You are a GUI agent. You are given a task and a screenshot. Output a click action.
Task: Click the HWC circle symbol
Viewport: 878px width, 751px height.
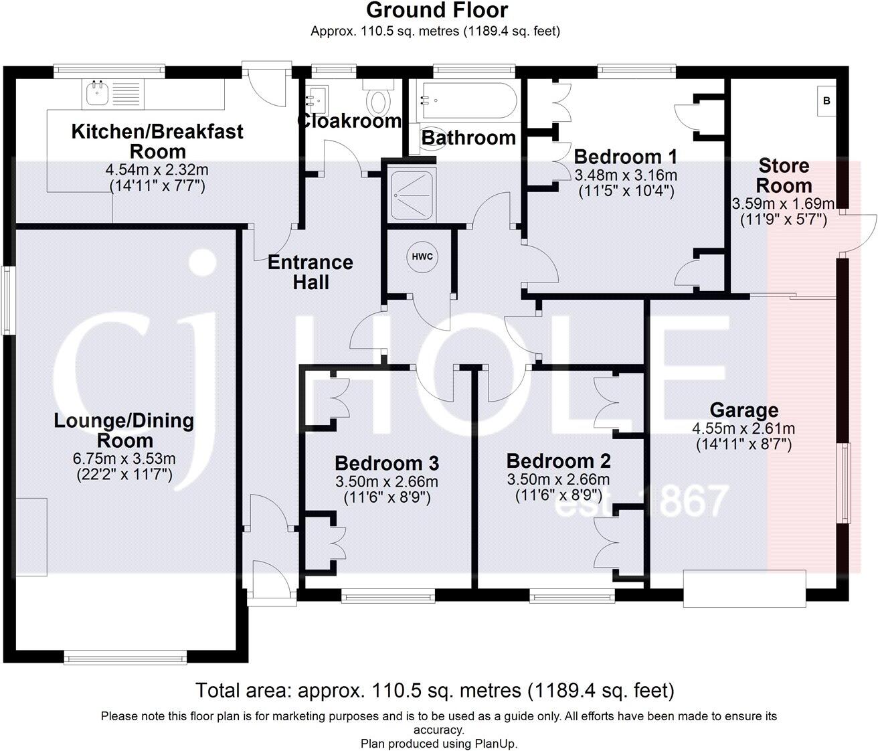coord(422,256)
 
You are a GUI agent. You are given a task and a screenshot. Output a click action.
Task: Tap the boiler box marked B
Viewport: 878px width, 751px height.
coord(826,100)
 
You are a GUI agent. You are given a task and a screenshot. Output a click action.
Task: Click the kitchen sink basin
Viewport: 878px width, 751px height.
coord(97,94)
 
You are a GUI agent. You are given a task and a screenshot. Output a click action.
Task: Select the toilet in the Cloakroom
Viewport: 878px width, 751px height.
coord(378,97)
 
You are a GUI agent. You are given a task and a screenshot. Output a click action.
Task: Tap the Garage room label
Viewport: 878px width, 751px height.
coord(743,410)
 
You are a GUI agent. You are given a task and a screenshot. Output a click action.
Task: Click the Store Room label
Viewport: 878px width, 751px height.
coord(784,175)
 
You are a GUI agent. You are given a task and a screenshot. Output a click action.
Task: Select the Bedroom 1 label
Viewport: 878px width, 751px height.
coord(625,157)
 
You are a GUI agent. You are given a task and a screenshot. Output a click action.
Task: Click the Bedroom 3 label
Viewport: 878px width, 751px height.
coord(387,463)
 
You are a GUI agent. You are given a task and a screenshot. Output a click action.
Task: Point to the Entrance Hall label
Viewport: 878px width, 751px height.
coord(311,272)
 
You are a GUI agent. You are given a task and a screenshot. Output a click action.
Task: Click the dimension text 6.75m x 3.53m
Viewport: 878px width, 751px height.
coord(124,458)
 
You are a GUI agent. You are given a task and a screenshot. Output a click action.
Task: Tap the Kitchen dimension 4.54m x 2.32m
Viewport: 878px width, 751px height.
coord(157,170)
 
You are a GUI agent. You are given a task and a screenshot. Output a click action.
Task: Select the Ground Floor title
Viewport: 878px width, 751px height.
coord(437,10)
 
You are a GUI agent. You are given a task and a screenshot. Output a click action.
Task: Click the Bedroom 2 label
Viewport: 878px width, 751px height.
coord(559,461)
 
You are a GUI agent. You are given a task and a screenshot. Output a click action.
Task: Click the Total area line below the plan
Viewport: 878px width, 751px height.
coord(434,690)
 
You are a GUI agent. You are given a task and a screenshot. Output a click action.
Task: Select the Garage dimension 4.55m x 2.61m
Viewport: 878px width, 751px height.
coord(743,428)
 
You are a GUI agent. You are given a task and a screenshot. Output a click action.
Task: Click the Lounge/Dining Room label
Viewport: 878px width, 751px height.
coord(124,430)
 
